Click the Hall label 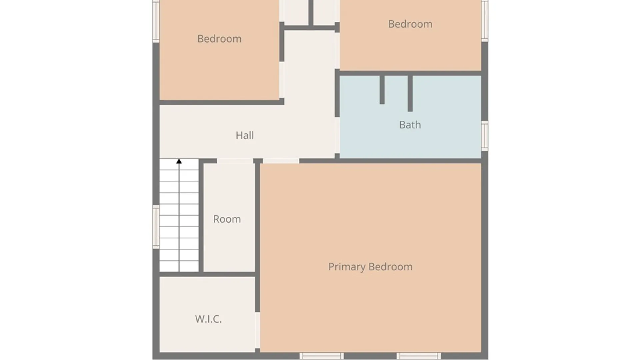pos(245,135)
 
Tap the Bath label pos(410,125)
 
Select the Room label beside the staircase pos(227,219)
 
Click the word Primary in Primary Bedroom pos(347,267)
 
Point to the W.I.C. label pos(208,319)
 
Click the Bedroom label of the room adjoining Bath pos(410,24)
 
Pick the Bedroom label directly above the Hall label pos(219,39)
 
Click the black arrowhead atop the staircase pos(179,161)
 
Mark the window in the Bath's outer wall pos(485,136)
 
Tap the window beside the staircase pos(156,227)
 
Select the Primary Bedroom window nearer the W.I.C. pos(321,356)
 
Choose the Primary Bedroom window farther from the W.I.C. pos(419,356)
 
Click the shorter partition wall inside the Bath pos(382,90)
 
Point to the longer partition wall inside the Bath pos(410,94)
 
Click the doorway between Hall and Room pos(235,161)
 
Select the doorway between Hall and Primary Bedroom pos(281,161)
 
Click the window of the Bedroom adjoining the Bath pos(485,21)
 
